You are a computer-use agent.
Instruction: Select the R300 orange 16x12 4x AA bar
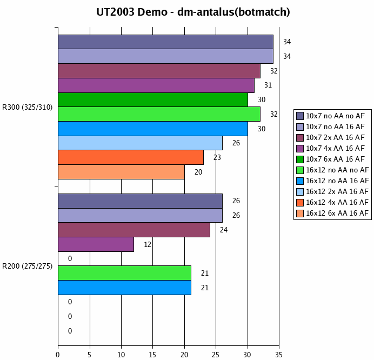pos(131,157)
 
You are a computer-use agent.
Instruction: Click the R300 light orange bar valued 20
pos(121,172)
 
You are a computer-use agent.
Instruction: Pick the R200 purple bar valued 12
pos(96,244)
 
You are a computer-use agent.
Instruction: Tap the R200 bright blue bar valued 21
pos(124,288)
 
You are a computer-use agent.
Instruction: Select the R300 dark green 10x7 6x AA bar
pos(152,99)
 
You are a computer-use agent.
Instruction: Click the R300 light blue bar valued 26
pos(140,143)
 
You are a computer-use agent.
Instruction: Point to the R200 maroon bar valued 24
pos(133,230)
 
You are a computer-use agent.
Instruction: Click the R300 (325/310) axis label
pos(28,107)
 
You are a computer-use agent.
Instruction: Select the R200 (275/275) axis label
pos(28,265)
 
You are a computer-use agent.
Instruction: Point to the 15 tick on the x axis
pos(152,355)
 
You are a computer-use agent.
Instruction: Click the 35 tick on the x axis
pos(279,355)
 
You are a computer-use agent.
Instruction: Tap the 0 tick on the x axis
pos(58,355)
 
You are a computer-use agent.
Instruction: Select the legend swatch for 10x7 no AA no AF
pos(300,116)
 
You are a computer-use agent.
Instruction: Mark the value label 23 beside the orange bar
pos(217,157)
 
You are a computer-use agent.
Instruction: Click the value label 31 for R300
pos(268,85)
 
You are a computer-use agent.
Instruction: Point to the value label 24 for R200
pos(223,230)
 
